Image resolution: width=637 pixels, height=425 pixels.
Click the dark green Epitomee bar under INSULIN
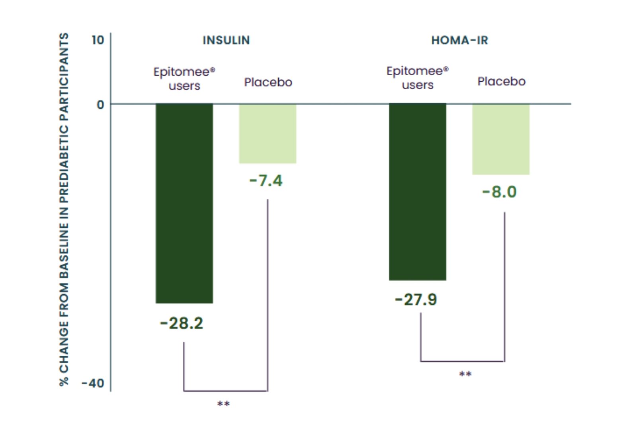(x=184, y=203)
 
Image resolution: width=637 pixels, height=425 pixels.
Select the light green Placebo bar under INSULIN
(x=268, y=133)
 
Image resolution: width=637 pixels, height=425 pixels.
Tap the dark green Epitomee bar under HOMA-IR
(x=417, y=192)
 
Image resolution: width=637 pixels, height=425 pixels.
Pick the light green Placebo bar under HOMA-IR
(x=501, y=139)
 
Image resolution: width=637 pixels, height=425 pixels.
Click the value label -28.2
(x=182, y=323)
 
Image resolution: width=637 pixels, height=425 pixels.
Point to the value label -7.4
(x=266, y=181)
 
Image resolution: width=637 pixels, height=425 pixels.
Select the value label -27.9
(x=416, y=300)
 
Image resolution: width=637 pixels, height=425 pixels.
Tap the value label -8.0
(x=499, y=192)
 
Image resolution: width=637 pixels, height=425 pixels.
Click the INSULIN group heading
(x=226, y=40)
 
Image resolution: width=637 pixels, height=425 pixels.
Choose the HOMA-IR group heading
(x=459, y=40)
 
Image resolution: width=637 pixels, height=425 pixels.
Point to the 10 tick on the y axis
(x=98, y=40)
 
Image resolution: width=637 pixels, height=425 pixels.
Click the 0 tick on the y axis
(x=100, y=105)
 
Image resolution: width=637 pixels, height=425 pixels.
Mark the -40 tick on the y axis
(x=93, y=383)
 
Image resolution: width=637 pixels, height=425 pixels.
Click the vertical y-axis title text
(x=64, y=209)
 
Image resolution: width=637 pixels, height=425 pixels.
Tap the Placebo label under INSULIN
(x=268, y=82)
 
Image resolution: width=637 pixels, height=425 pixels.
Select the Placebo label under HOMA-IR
(x=501, y=82)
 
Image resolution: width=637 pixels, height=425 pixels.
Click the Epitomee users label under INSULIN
(x=184, y=78)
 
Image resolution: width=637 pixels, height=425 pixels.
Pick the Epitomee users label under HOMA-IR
(x=417, y=78)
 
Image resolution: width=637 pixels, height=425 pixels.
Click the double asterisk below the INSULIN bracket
(x=223, y=404)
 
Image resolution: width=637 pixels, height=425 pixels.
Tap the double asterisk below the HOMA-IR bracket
(x=465, y=374)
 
